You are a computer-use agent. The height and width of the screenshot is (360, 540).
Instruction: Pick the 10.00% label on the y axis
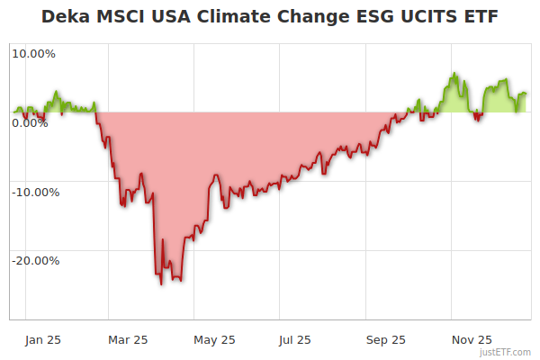pos(33,54)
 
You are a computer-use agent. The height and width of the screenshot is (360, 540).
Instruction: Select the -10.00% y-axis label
pos(33,192)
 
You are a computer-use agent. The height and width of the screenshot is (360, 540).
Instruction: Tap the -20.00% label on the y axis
pos(33,261)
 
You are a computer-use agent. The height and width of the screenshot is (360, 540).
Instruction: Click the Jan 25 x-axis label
pos(42,339)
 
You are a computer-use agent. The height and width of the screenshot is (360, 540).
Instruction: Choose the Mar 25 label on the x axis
pos(128,339)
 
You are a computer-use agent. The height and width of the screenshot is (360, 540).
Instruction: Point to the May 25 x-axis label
pos(214,339)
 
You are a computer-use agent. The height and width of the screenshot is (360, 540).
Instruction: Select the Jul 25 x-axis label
pos(294,339)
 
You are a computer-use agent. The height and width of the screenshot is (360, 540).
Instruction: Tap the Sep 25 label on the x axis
pos(385,339)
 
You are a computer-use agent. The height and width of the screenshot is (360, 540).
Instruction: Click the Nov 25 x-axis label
pos(472,339)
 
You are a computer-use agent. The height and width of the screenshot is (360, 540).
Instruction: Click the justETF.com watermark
pos(505,352)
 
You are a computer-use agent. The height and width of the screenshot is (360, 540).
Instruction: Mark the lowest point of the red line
pos(161,284)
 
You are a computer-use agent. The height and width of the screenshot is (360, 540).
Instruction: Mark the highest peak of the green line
pos(454,73)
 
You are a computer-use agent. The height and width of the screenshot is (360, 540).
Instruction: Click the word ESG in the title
pos(359,17)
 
